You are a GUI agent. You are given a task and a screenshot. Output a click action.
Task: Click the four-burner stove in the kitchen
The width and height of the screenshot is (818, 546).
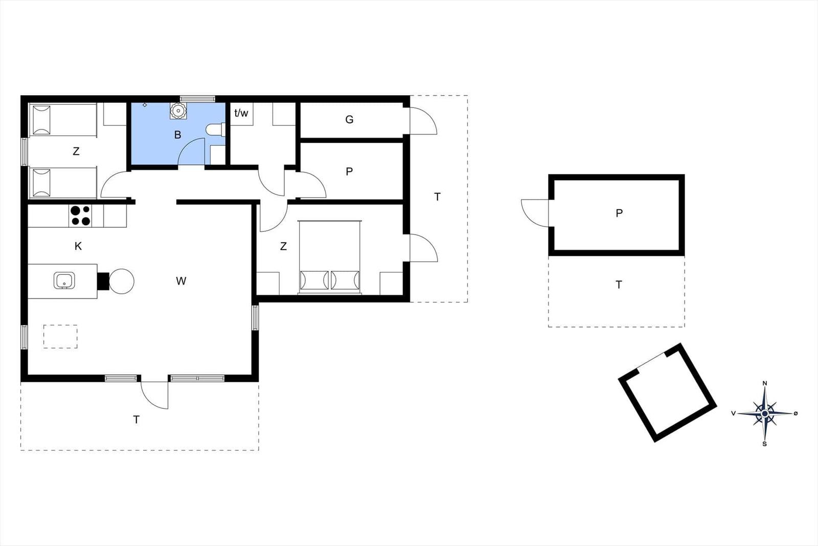click(80, 215)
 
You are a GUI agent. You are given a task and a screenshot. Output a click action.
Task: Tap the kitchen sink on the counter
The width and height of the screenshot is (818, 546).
click(64, 280)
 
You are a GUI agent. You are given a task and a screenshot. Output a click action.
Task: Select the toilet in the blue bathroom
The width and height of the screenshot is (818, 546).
click(215, 130)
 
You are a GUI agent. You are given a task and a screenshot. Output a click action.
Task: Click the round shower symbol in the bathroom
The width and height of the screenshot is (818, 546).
click(178, 111)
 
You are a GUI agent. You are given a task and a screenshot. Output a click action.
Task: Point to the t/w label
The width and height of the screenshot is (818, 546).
click(241, 113)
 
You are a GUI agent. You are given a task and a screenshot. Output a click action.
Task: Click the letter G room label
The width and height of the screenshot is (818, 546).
click(349, 120)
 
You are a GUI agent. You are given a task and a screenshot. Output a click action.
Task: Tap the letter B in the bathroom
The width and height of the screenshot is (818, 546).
click(177, 135)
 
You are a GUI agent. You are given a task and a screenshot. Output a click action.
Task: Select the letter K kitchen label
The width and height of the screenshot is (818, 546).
click(78, 246)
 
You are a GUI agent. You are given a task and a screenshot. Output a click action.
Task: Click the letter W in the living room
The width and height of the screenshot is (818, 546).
click(181, 281)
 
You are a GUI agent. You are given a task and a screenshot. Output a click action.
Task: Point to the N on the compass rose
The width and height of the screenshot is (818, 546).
click(765, 383)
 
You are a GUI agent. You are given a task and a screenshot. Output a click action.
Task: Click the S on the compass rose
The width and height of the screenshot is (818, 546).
click(765, 444)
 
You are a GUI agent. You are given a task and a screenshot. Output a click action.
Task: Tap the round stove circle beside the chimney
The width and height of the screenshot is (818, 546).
click(122, 281)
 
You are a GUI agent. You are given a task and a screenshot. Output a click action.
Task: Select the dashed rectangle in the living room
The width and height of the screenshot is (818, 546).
click(60, 337)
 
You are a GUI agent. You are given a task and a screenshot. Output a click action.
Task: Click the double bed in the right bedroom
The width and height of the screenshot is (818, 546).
click(329, 257)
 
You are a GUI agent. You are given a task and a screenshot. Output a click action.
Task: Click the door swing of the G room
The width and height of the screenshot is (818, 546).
click(423, 121)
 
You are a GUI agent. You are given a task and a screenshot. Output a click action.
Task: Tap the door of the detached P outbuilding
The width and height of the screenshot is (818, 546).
click(535, 213)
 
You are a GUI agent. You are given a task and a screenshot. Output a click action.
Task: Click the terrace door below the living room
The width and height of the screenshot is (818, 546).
click(154, 395)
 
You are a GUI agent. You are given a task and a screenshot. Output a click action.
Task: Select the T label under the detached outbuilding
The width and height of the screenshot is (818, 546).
click(619, 285)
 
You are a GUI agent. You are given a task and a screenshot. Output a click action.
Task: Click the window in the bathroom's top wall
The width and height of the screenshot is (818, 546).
click(197, 99)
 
